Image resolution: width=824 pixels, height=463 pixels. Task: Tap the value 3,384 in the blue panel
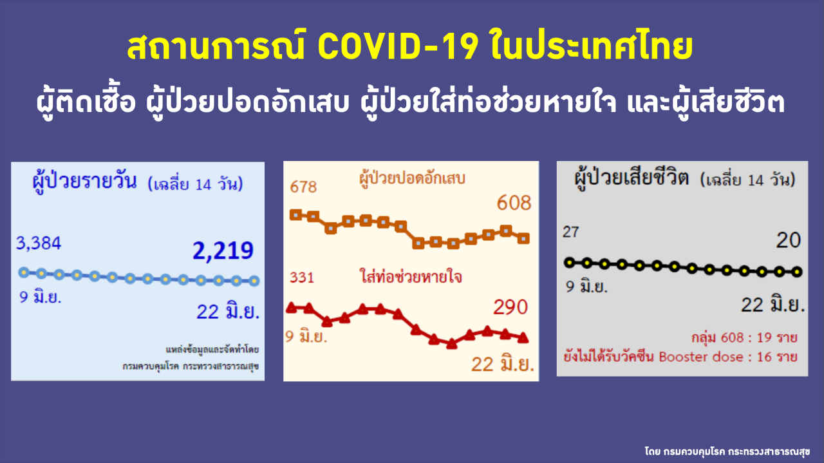39,243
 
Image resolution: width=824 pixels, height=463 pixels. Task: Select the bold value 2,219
223,251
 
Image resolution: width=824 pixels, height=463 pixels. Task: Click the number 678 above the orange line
303,187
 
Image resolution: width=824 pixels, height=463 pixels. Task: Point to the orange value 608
514,203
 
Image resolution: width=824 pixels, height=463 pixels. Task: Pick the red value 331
302,278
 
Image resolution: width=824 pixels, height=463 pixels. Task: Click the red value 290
510,307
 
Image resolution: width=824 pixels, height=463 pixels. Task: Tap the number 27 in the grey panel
570,232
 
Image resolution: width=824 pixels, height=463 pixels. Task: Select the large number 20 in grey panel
789,240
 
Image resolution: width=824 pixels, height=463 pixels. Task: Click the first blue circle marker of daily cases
24,272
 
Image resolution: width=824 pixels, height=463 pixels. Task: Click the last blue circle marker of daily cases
254,281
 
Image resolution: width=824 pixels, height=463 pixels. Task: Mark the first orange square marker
295,215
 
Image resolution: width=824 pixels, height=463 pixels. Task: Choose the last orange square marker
523,238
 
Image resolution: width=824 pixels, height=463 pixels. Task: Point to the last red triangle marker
523,338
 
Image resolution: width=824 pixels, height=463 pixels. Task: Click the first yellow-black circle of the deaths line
570,263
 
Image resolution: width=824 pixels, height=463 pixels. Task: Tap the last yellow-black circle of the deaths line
797,272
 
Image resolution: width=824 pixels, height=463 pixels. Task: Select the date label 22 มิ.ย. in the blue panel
228,312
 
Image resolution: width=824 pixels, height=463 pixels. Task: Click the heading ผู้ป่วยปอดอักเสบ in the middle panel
412,179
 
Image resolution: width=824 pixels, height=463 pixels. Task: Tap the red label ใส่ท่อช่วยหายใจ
411,277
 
